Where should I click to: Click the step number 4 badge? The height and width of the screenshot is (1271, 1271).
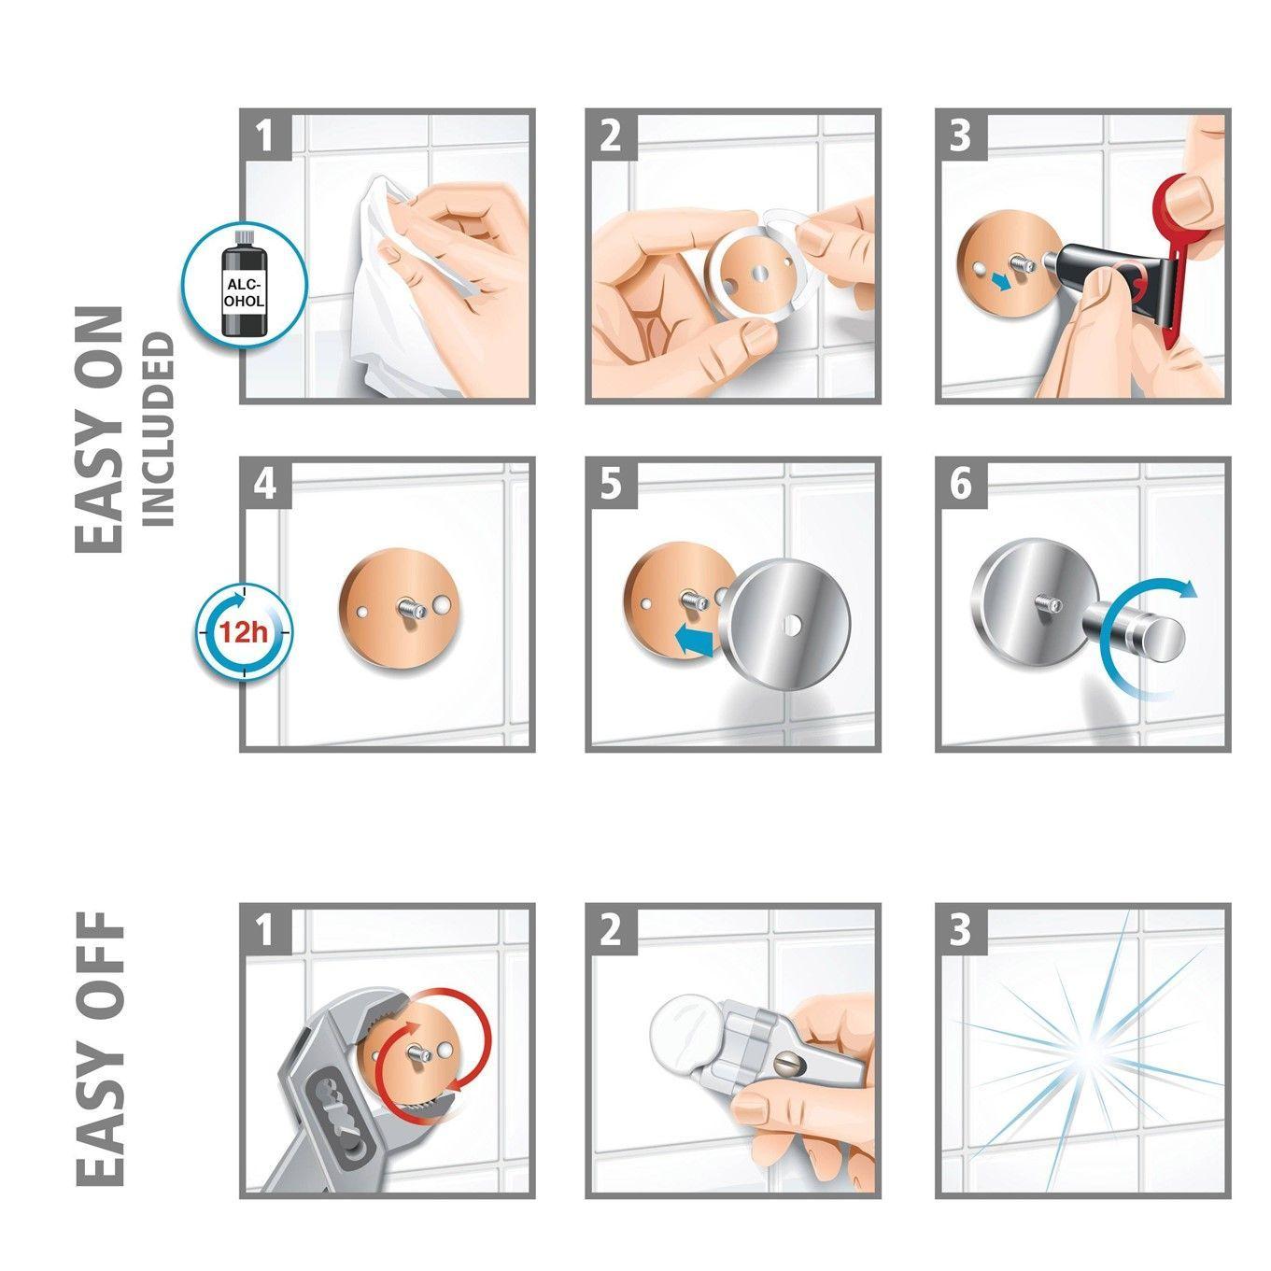pos(265,486)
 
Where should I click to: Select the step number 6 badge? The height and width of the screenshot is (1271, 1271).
pos(961,486)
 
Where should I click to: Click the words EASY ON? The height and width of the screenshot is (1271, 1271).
pos(100,430)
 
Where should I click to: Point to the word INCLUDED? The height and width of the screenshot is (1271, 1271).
pos(159,429)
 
